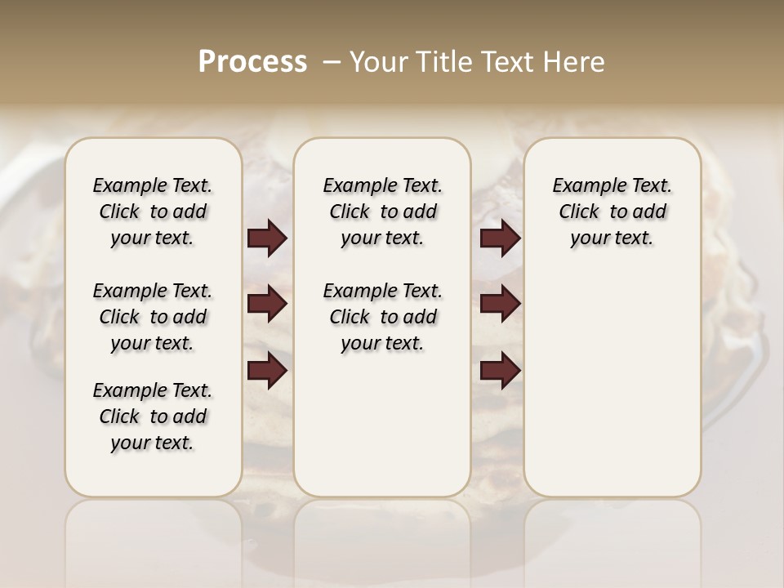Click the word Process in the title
(252, 62)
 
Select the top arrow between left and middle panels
(267, 238)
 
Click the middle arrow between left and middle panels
(267, 304)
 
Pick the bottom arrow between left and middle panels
(267, 370)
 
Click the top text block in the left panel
(153, 212)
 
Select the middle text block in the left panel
(153, 317)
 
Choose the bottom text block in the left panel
(153, 416)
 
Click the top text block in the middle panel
(382, 212)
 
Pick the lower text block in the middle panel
(382, 317)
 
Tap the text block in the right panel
(612, 212)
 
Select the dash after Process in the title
(332, 62)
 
